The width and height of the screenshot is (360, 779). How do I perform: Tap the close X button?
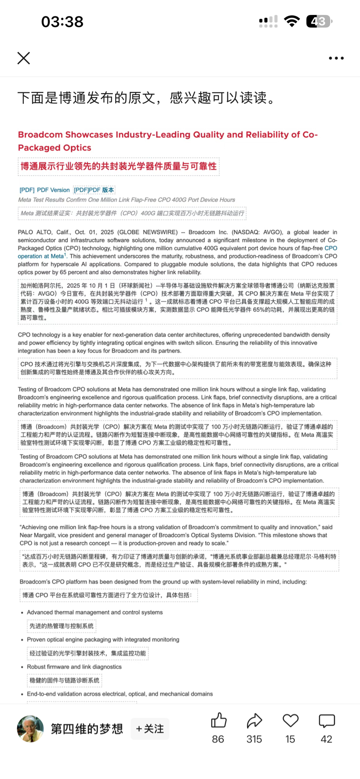click(23, 58)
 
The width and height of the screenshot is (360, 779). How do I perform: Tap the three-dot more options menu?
click(336, 58)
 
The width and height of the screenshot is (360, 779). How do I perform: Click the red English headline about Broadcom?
click(168, 141)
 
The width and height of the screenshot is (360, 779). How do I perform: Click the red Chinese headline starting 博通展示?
click(118, 166)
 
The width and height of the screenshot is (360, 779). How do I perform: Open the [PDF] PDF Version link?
click(45, 190)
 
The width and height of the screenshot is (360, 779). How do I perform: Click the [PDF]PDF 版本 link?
click(94, 190)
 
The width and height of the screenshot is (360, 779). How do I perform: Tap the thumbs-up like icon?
click(218, 720)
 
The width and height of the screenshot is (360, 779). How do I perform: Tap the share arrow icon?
click(254, 720)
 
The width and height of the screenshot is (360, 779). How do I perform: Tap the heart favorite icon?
click(290, 720)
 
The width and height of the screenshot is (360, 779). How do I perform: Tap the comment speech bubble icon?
click(326, 720)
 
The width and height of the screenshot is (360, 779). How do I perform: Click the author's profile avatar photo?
click(30, 728)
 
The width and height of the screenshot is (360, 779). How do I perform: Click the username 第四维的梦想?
click(87, 729)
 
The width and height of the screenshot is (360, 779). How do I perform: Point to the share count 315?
click(254, 739)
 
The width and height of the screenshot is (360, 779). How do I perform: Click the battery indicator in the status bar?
click(319, 21)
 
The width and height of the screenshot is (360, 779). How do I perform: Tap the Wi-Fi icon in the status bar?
click(292, 21)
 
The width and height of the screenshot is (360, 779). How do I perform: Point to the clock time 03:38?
click(62, 22)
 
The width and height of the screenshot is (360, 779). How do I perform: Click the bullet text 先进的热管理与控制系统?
click(61, 626)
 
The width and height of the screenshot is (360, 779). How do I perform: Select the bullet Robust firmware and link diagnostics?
click(74, 667)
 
